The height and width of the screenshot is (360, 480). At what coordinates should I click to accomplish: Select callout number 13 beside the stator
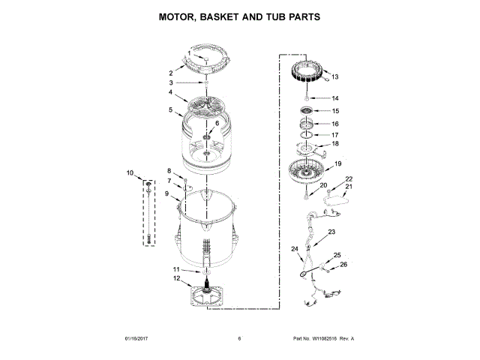click(335, 76)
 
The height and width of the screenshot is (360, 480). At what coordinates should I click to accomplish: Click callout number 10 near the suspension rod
click(130, 173)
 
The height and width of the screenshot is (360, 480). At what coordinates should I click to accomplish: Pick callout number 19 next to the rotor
click(337, 163)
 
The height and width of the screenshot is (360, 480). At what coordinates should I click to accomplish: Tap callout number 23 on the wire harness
click(331, 232)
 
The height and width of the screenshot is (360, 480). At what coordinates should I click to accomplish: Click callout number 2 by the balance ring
click(170, 73)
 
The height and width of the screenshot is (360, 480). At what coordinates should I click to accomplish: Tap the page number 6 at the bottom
click(239, 339)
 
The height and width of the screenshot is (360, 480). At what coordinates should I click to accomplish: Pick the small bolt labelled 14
click(306, 98)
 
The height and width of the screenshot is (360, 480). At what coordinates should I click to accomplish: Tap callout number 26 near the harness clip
click(344, 264)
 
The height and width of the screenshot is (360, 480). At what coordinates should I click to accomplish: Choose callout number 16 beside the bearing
click(335, 124)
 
